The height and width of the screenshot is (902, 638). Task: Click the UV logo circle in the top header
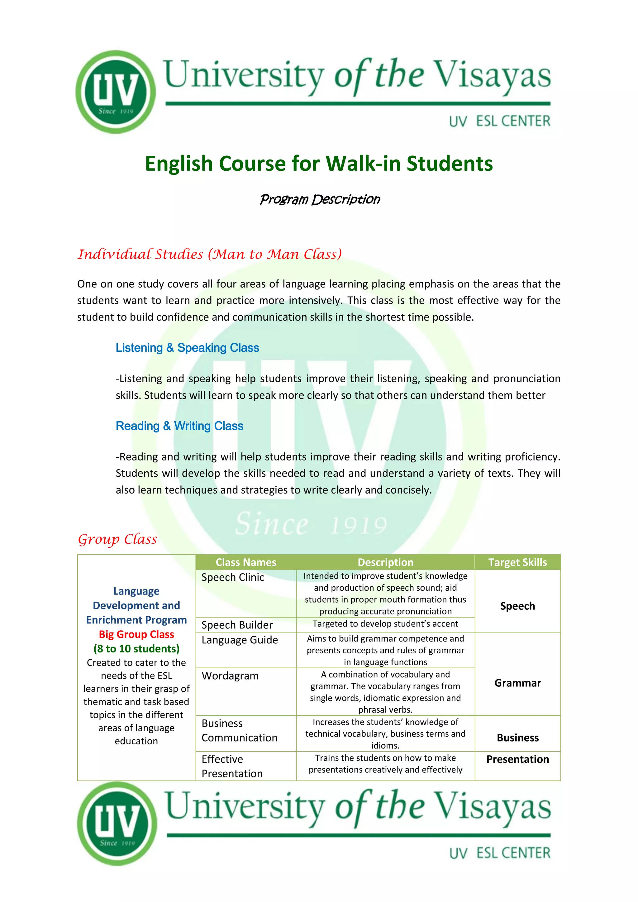(x=116, y=92)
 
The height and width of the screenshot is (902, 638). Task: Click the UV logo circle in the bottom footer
(x=117, y=823)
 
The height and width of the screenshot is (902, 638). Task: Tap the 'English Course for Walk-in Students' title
(x=319, y=164)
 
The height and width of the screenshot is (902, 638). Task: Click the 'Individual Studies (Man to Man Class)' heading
(x=209, y=254)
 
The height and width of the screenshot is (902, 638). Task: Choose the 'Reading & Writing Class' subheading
(x=179, y=426)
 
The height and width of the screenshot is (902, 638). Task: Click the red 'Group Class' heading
(x=117, y=539)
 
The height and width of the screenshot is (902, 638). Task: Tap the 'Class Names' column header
(x=246, y=562)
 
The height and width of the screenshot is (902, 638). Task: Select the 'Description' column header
(x=385, y=562)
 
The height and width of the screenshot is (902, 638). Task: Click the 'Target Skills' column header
(x=517, y=562)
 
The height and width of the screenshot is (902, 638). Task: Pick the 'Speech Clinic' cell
(x=233, y=577)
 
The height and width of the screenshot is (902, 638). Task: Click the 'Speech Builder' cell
(x=237, y=625)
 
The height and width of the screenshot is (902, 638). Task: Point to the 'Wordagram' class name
(x=230, y=676)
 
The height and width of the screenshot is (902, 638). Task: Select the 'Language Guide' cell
(x=240, y=640)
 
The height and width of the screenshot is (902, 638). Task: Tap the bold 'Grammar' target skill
(x=517, y=683)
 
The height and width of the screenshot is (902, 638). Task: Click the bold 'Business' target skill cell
(x=517, y=737)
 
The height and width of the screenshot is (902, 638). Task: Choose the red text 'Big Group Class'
(x=136, y=634)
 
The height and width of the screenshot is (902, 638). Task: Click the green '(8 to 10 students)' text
(x=136, y=648)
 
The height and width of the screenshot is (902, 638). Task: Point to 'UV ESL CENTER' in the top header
(x=499, y=122)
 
